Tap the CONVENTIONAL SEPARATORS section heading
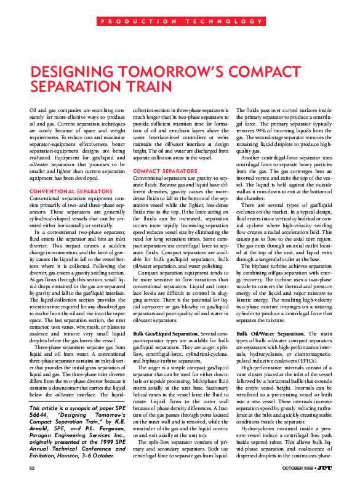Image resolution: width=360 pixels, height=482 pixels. click(x=63, y=174)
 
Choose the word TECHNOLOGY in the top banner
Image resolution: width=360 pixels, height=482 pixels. click(x=259, y=22)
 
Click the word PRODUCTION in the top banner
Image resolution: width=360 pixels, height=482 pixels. click(x=146, y=22)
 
